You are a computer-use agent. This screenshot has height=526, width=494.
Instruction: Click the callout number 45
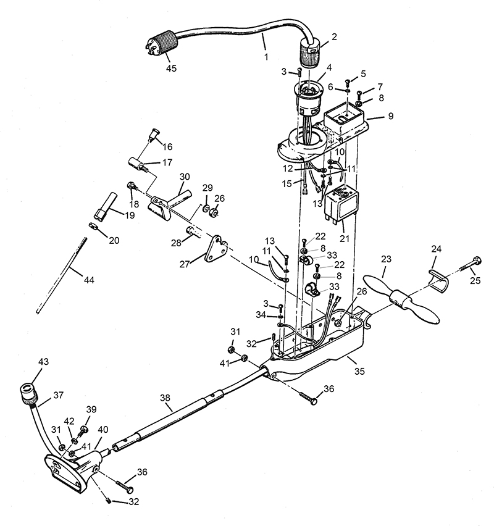pyautogui.click(x=171, y=68)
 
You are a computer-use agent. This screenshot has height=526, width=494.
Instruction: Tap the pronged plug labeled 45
pyautogui.click(x=162, y=44)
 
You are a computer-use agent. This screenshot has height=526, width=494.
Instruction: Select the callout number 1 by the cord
pyautogui.click(x=266, y=57)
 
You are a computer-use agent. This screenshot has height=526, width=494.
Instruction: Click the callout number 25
pyautogui.click(x=475, y=280)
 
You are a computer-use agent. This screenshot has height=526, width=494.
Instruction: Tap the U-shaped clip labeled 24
pyautogui.click(x=439, y=279)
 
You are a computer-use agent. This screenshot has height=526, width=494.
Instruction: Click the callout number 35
pyautogui.click(x=359, y=372)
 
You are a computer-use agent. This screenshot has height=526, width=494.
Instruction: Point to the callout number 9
pyautogui.click(x=391, y=116)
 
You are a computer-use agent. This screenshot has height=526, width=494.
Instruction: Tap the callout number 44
pyautogui.click(x=89, y=280)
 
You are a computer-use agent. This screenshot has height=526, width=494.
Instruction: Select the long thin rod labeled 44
pyautogui.click(x=61, y=275)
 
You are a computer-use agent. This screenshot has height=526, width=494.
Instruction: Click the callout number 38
pyautogui.click(x=165, y=398)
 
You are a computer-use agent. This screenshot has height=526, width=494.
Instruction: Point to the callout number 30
pyautogui.click(x=185, y=177)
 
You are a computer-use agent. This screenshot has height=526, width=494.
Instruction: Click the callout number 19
pyautogui.click(x=130, y=215)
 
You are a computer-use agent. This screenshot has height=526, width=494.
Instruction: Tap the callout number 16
pyautogui.click(x=167, y=146)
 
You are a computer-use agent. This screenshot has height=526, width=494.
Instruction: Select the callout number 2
pyautogui.click(x=334, y=37)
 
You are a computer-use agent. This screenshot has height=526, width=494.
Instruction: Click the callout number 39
pyautogui.click(x=91, y=409)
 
